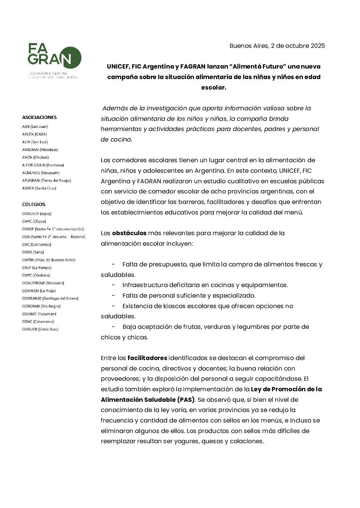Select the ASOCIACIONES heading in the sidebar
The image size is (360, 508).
(40, 117)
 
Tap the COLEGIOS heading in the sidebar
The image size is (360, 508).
(34, 205)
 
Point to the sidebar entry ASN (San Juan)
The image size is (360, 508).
(35, 127)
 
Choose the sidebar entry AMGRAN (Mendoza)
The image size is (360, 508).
(40, 150)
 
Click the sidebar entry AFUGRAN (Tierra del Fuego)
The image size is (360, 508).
(47, 181)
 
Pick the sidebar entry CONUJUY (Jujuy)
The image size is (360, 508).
(36, 214)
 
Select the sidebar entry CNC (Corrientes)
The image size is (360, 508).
(36, 244)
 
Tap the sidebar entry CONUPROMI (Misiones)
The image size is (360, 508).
(43, 283)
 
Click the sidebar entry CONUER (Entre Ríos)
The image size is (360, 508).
(40, 329)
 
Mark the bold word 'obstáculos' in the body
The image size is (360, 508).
(129, 233)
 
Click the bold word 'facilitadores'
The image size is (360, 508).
(147, 358)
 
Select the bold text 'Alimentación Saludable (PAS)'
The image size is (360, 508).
(148, 400)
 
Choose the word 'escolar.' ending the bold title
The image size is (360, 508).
(214, 88)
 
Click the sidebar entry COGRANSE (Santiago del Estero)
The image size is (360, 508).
(50, 298)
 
